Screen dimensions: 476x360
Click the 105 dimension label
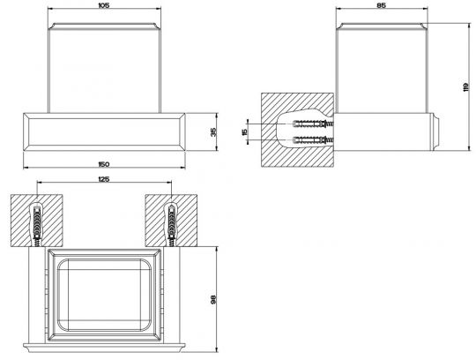tap(104, 5)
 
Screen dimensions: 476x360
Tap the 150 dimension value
tap(104, 164)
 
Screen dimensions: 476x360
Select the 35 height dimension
tap(213, 131)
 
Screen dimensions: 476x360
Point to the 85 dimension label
tap(382, 5)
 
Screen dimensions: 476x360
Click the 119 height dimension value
tap(466, 87)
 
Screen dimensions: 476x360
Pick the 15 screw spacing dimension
tap(245, 131)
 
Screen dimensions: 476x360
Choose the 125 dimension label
tap(104, 179)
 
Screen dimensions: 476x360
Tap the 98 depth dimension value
tap(213, 299)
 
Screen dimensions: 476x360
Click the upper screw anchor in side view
tap(313, 124)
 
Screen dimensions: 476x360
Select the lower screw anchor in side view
tap(313, 140)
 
